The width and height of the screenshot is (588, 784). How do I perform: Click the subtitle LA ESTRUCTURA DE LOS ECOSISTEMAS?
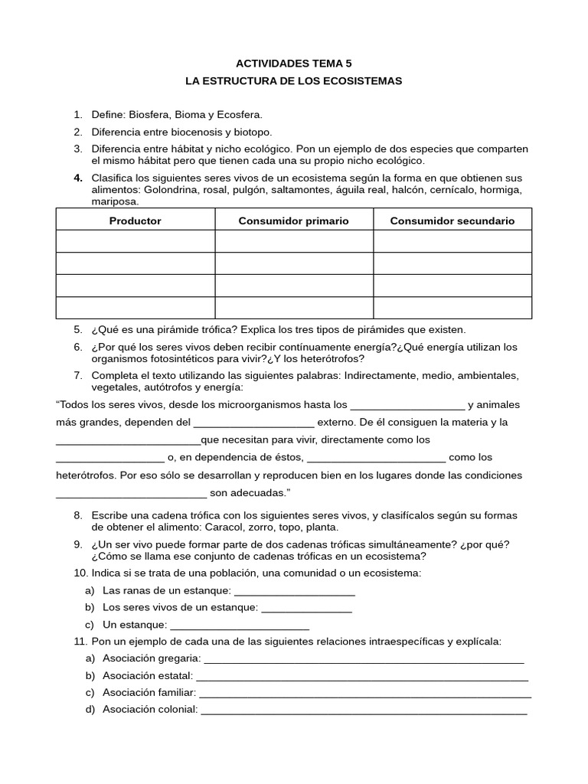click(293, 80)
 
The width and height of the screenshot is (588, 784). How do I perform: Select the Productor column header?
click(136, 220)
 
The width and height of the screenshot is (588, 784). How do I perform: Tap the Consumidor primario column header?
click(293, 220)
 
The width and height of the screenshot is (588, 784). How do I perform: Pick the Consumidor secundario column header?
click(452, 220)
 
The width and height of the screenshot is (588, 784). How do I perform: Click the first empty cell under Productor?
click(136, 242)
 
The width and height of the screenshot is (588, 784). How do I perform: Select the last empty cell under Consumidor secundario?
click(452, 308)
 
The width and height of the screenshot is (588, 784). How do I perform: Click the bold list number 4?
click(78, 178)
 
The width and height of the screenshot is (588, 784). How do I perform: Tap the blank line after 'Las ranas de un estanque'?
click(294, 590)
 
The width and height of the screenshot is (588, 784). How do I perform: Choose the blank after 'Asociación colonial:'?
click(364, 710)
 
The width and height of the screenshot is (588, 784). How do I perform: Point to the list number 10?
click(80, 573)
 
